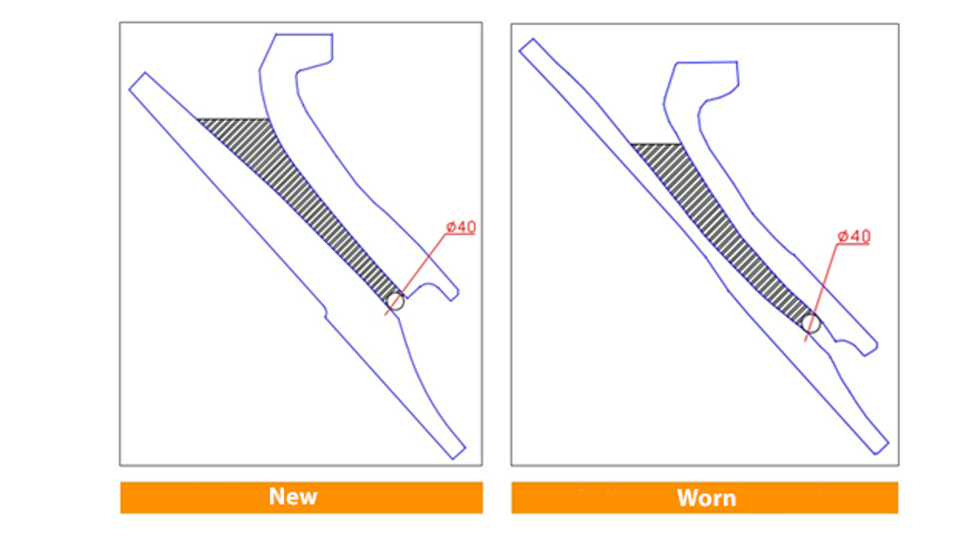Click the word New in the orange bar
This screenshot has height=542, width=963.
(293, 496)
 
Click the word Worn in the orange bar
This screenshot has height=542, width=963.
(707, 497)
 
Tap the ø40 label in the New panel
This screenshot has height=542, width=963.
(461, 227)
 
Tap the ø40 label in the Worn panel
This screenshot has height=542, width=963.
(854, 237)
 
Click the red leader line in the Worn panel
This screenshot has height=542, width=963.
(821, 292)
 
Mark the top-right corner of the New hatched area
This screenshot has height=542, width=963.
(269, 119)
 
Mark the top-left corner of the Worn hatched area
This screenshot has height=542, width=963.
(631, 145)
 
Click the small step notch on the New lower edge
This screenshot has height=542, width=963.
(325, 312)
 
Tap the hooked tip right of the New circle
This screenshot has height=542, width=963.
(453, 297)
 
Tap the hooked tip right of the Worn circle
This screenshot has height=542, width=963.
(870, 351)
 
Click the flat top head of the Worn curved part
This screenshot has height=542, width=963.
(707, 63)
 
